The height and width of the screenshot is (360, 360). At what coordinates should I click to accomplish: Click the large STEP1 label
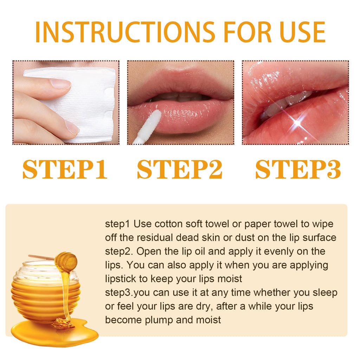click(65, 170)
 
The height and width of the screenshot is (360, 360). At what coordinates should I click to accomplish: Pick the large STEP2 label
click(180, 170)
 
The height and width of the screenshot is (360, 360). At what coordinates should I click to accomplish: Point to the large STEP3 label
click(298, 170)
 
